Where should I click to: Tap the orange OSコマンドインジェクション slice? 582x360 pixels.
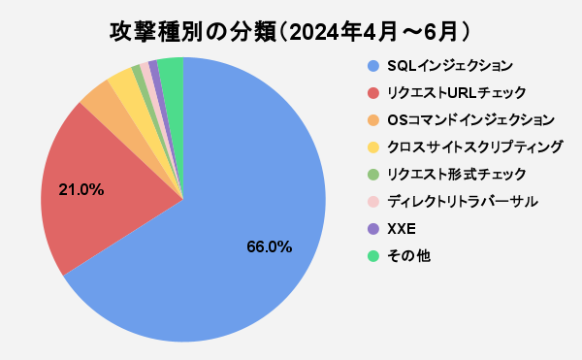click(98, 97)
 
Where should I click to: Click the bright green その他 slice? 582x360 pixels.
click(172, 70)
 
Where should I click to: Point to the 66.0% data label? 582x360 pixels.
click(269, 247)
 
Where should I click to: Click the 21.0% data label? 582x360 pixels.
click(81, 189)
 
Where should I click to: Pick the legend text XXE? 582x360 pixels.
click(401, 229)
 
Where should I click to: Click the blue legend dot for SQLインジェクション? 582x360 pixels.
click(372, 66)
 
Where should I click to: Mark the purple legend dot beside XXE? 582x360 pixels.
click(372, 229)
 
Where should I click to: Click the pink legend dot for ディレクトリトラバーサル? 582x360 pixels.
click(372, 202)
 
